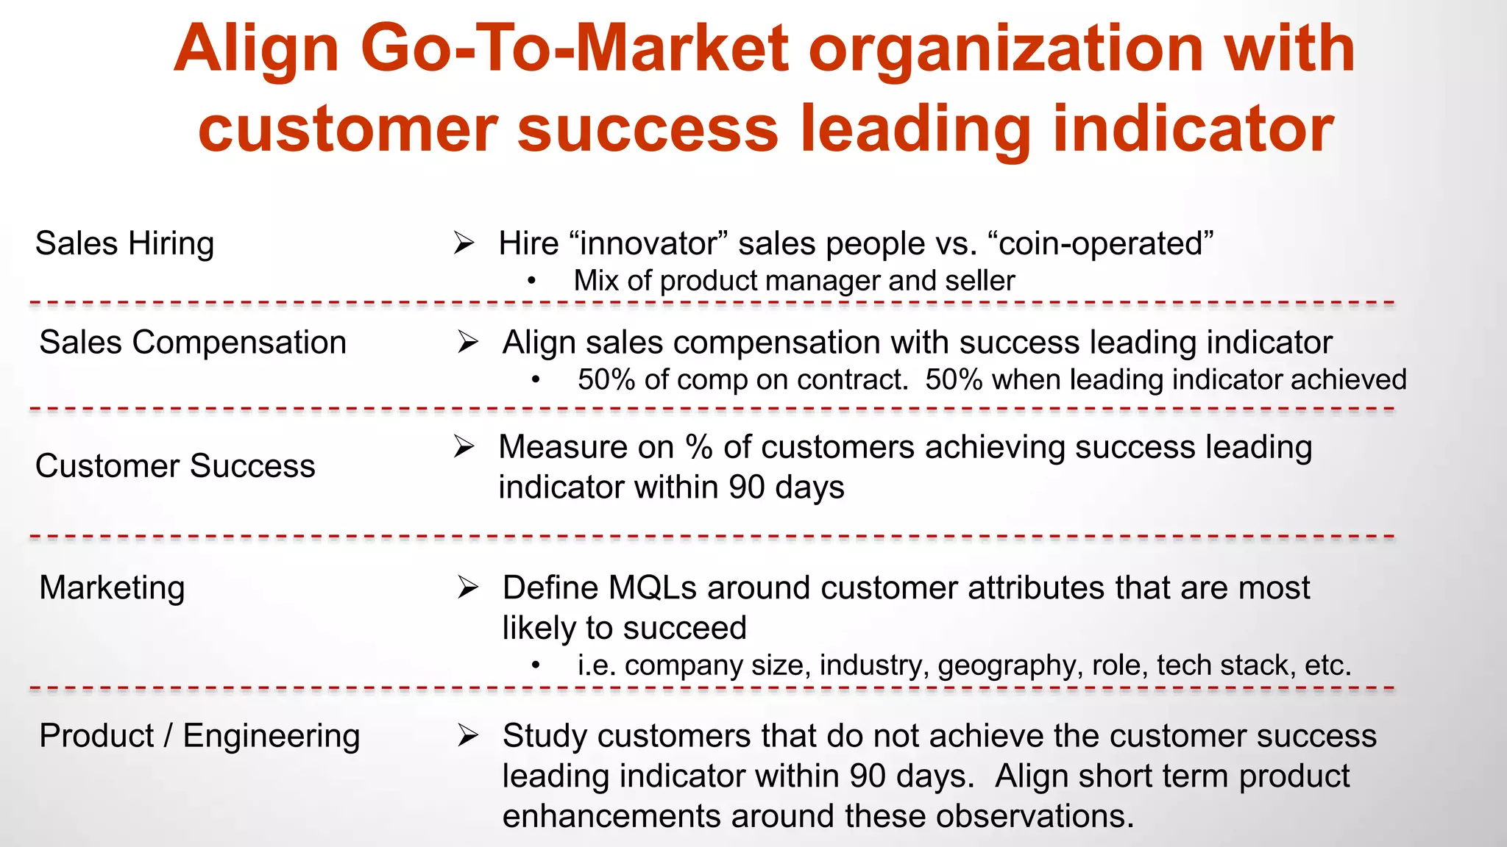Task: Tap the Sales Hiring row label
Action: [124, 243]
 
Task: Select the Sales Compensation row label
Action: [192, 343]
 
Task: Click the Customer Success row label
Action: [175, 466]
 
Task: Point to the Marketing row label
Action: [112, 588]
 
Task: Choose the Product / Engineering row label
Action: [199, 736]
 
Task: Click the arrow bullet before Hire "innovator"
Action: [464, 243]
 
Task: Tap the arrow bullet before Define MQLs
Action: [468, 587]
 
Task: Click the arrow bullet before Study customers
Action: [468, 735]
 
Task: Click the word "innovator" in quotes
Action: [648, 243]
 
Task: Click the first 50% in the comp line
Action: [606, 380]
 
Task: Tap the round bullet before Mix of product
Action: [532, 282]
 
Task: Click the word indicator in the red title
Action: [1194, 129]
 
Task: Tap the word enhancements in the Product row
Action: [611, 816]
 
